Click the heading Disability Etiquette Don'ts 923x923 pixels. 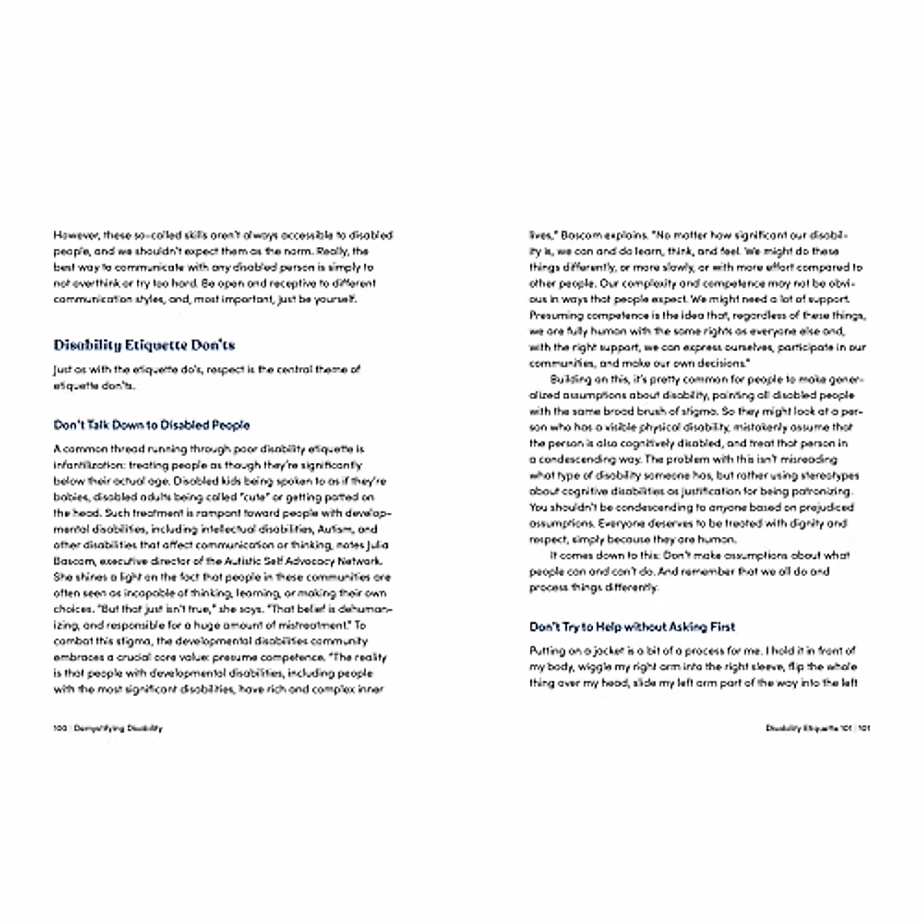pyautogui.click(x=144, y=345)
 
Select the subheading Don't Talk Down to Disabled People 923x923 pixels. pyautogui.click(x=152, y=425)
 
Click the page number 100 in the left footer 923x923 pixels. pyautogui.click(x=59, y=728)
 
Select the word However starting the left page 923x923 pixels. pyautogui.click(x=74, y=235)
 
